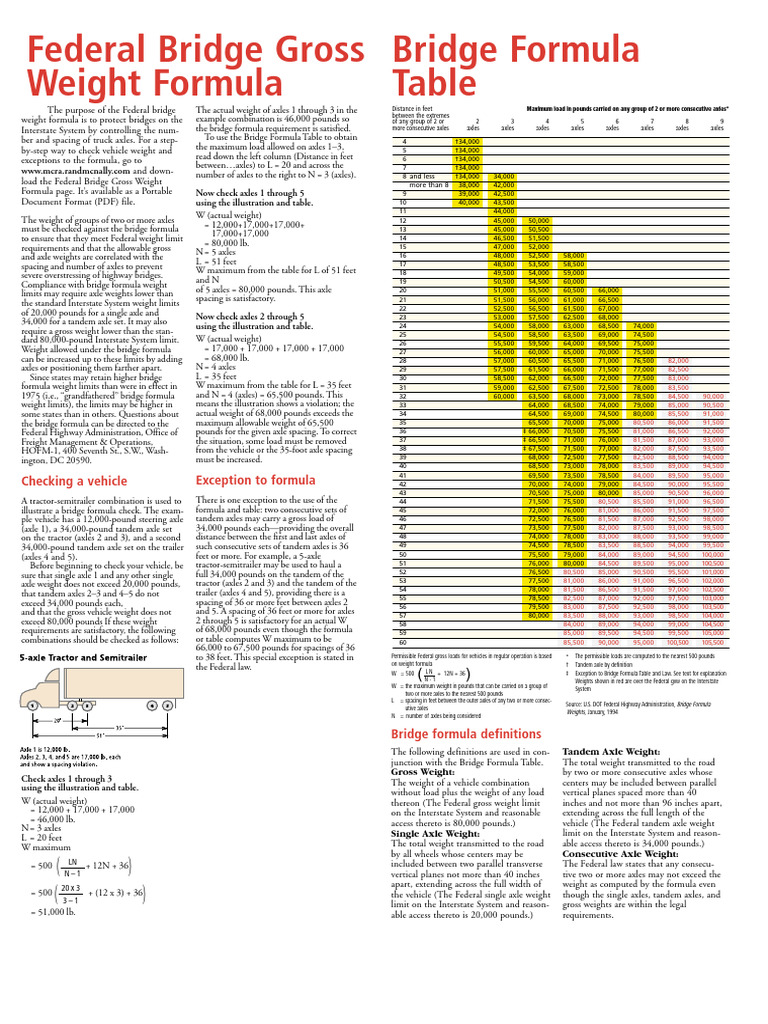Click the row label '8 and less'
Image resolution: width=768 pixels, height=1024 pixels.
pos(416,176)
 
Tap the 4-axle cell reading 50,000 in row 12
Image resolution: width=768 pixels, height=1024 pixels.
pos(539,220)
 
